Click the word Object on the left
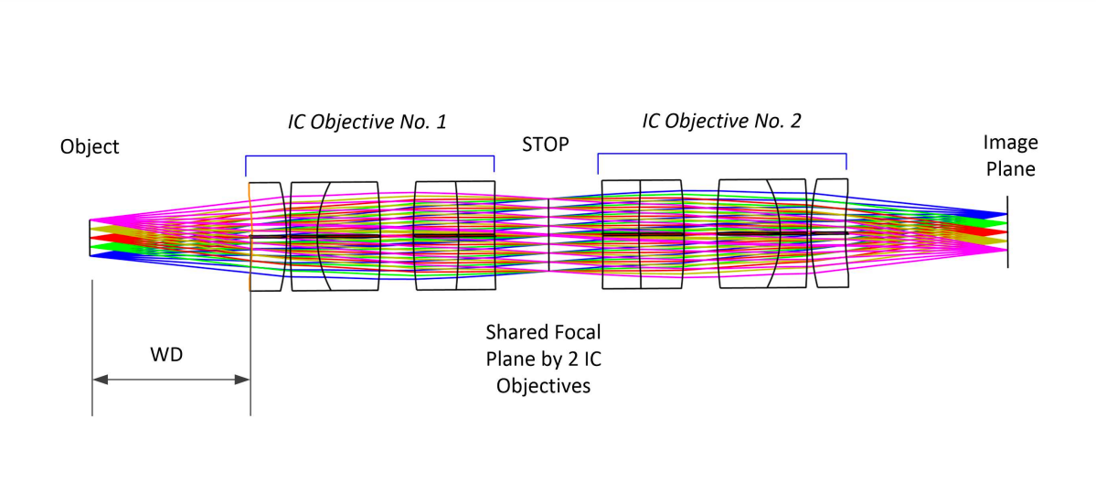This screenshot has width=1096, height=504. tap(90, 147)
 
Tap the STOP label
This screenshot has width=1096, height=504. tap(545, 145)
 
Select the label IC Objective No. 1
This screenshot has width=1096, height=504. tap(367, 122)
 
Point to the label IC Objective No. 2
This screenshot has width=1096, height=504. tap(721, 121)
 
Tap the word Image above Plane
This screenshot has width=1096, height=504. tap(1010, 143)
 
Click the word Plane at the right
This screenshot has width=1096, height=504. tap(1010, 168)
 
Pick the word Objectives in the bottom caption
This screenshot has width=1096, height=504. tap(543, 385)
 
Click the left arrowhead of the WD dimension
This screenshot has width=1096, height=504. tap(100, 380)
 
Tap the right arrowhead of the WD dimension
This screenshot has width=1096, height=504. tap(242, 380)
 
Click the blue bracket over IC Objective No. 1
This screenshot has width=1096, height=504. tap(370, 156)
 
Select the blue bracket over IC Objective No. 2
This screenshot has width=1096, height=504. tap(721, 155)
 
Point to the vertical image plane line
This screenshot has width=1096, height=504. tap(1007, 231)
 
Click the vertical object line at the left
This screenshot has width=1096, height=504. tap(90, 239)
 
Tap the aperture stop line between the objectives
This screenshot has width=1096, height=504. tap(548, 235)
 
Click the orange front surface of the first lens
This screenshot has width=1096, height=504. tap(250, 237)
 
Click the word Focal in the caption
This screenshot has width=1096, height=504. tap(578, 329)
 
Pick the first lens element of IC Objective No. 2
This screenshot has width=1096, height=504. tap(622, 234)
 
